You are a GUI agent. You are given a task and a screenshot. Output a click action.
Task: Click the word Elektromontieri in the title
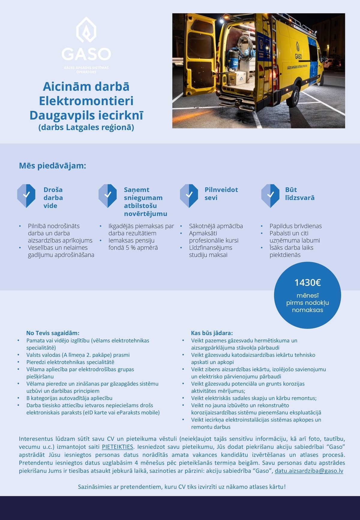tap(86, 101)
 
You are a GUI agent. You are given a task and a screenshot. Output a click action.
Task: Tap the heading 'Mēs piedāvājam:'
tap(52, 166)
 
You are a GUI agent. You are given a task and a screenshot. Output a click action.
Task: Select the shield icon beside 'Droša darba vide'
tap(26, 196)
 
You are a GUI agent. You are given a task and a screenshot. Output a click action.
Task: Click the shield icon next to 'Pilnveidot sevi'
tap(189, 196)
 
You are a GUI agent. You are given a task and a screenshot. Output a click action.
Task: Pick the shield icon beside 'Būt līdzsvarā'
tap(270, 196)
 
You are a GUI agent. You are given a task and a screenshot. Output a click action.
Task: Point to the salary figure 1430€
tap(307, 283)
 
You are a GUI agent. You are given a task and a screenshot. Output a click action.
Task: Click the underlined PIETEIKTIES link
tap(118, 447)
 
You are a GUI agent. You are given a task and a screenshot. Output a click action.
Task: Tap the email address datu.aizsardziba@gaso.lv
tap(309, 471)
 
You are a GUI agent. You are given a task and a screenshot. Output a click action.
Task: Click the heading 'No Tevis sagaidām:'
tap(53, 333)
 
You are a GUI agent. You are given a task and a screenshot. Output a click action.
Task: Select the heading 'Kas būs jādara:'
tap(212, 333)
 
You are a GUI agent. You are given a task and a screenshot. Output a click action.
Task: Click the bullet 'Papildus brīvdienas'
tap(295, 226)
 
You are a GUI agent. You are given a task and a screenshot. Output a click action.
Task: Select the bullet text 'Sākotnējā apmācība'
tap(216, 226)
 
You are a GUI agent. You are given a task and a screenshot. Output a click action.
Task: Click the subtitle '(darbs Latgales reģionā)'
tap(86, 127)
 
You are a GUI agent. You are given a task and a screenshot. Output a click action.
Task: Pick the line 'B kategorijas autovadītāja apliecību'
tap(69, 398)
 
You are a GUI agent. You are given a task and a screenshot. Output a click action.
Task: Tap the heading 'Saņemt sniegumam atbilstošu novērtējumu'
tap(145, 202)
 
